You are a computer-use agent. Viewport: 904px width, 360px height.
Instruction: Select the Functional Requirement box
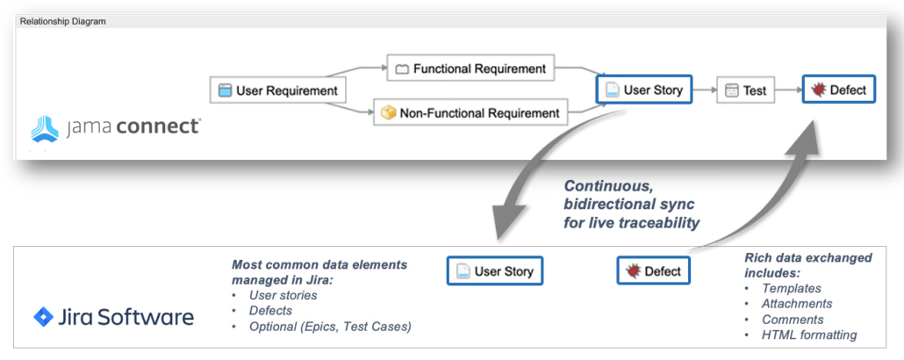pos(470,68)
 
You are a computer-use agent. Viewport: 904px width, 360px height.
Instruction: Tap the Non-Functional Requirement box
pos(470,112)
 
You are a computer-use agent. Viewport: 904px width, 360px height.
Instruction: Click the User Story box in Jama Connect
pos(644,90)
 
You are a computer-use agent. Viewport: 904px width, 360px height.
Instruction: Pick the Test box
pos(746,90)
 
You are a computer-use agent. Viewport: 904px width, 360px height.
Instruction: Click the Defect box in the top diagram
pos(838,90)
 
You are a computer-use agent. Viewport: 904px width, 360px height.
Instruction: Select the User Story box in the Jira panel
pos(495,271)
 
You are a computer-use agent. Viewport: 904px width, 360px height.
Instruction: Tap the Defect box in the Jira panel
pos(653,271)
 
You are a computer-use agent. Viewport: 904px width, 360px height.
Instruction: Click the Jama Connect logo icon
pos(45,128)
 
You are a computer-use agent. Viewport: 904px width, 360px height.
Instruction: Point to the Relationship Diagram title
pos(63,21)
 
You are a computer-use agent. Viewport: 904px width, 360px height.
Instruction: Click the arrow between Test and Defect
pos(789,90)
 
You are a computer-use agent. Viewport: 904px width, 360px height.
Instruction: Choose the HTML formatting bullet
pos(808,335)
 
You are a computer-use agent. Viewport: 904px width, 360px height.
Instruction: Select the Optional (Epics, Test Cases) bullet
pos(329,327)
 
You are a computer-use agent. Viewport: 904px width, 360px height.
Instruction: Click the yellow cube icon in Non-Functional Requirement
pos(388,112)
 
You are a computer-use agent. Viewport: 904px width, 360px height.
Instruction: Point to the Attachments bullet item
pos(797,304)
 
